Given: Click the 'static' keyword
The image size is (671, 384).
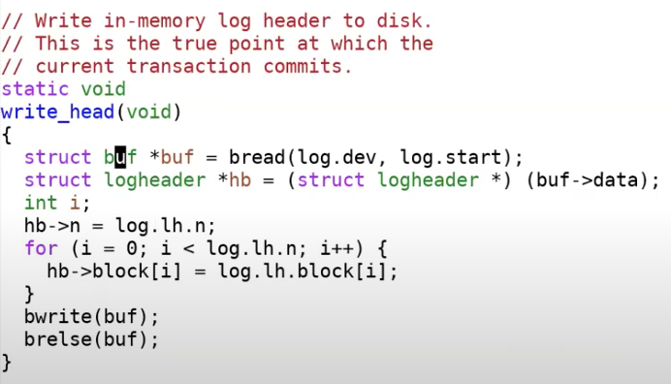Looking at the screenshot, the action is click(35, 89).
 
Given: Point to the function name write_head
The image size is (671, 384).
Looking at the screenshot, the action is click(58, 112).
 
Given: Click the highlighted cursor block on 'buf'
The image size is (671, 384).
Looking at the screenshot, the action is click(120, 157).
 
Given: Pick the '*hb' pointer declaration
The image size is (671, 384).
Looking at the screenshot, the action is click(234, 179).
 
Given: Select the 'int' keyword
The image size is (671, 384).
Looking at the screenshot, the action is click(41, 203).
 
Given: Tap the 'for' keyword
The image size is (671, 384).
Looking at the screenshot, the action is click(41, 248).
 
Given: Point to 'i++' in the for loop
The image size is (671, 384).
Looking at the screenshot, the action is click(336, 248).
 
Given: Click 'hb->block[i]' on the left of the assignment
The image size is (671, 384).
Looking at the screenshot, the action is click(114, 271).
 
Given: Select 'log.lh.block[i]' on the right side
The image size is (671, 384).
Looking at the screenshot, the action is click(303, 272).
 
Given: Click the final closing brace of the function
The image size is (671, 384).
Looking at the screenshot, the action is click(7, 363).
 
